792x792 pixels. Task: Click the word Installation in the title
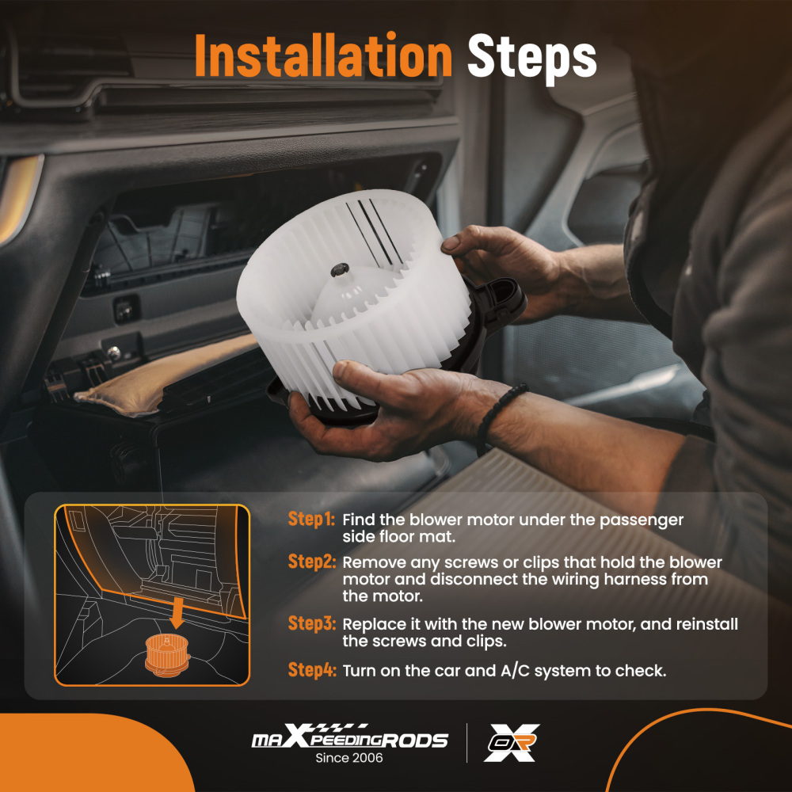click(x=323, y=55)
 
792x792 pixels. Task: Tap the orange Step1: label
click(x=311, y=520)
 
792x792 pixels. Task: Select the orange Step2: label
click(x=311, y=562)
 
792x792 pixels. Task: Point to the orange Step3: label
click(x=311, y=623)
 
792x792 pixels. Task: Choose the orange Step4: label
click(x=311, y=670)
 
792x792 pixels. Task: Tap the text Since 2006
click(x=349, y=758)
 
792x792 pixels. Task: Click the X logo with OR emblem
click(x=512, y=743)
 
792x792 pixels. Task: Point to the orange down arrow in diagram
click(x=177, y=613)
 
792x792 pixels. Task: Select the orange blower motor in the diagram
click(x=167, y=655)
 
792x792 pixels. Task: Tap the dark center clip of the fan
click(x=340, y=269)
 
